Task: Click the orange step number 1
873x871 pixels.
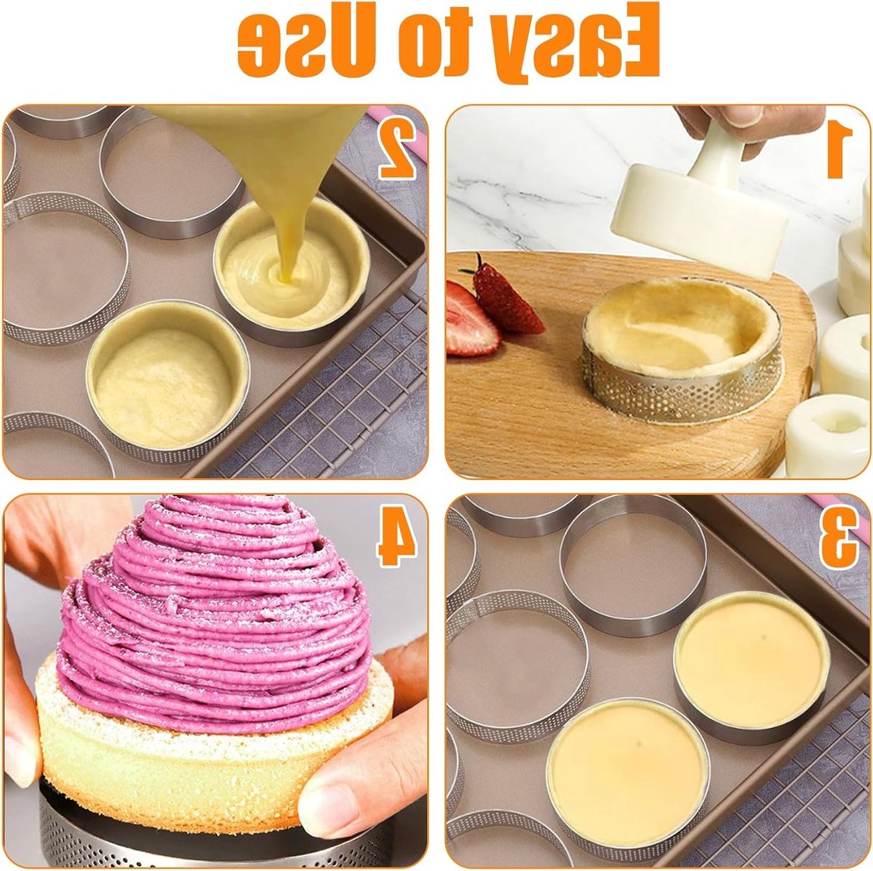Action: pyautogui.click(x=839, y=151)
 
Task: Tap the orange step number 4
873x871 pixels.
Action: pyautogui.click(x=397, y=538)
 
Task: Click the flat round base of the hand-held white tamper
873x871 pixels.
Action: pyautogui.click(x=698, y=220)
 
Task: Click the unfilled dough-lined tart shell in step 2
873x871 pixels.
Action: pyautogui.click(x=167, y=381)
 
